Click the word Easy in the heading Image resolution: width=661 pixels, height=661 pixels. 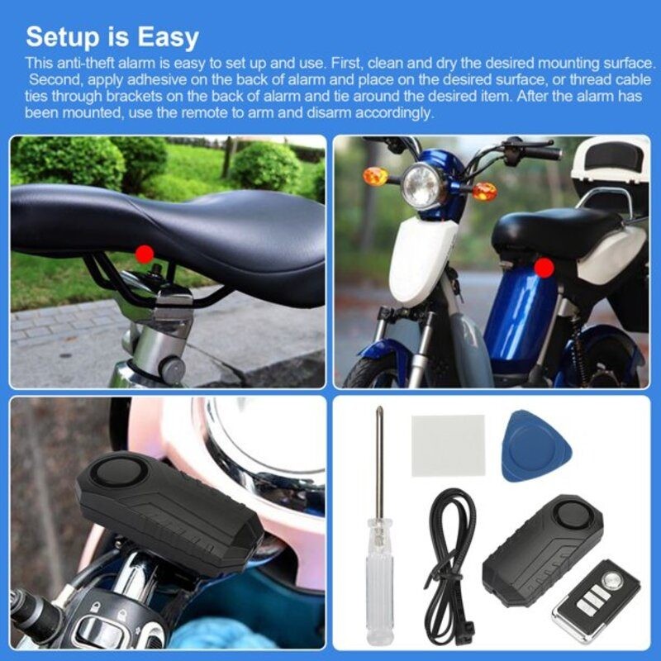click(161, 36)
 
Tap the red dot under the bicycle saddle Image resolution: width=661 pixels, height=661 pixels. click(144, 254)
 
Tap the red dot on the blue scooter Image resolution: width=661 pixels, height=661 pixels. click(544, 267)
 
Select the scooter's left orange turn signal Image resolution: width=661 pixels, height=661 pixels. click(376, 176)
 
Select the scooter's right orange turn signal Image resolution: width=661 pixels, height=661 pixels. click(484, 191)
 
